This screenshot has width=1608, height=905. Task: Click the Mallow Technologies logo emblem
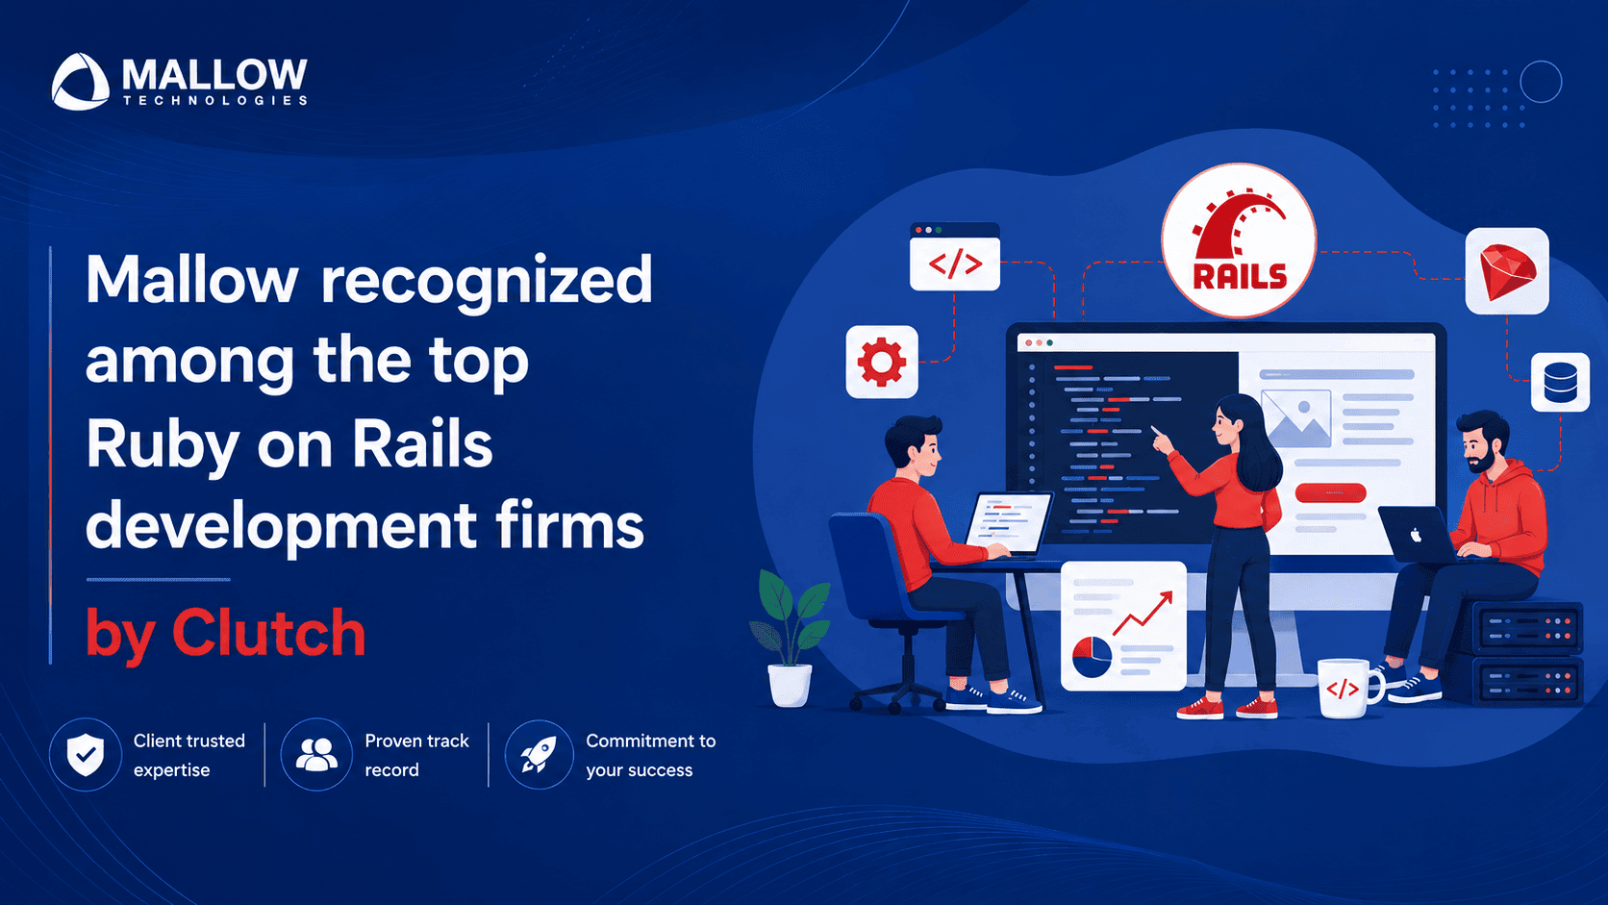coord(81,82)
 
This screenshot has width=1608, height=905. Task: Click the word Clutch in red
coord(268,633)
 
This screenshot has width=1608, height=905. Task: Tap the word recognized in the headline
coord(486,282)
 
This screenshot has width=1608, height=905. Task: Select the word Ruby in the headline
coord(163,445)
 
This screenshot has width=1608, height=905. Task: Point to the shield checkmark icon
coord(86,754)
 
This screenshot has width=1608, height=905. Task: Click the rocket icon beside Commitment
coord(539,754)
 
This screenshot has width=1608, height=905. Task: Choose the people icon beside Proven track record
coord(315,754)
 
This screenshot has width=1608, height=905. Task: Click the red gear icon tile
coord(882,362)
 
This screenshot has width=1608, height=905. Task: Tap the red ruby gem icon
coord(1507,271)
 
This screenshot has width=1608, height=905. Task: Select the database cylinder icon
coord(1560,383)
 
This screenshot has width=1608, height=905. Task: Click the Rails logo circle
coord(1239,240)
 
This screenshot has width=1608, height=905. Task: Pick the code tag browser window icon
coord(955,256)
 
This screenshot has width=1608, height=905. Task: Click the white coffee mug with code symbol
coord(1347,689)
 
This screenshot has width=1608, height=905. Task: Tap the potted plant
coord(791,639)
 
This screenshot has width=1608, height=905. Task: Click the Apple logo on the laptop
coord(1416,535)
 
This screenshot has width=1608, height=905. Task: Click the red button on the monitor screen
coord(1330,493)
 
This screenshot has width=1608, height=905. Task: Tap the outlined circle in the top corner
coord(1542,82)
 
